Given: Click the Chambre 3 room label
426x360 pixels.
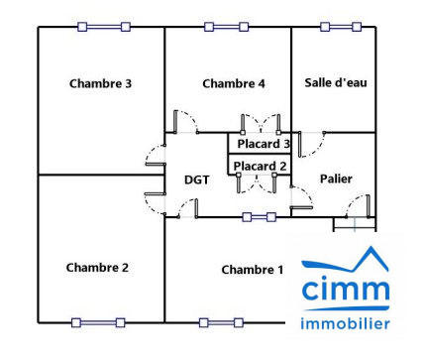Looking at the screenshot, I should pos(100,83).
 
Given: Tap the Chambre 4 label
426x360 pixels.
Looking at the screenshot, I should pos(234,83).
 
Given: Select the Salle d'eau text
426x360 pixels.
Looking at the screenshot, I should pos(336,82).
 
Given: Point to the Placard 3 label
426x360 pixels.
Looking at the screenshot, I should pos(263,144).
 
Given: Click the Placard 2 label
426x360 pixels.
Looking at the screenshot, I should pos(262,166).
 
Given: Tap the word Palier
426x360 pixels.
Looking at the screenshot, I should pos(336,179).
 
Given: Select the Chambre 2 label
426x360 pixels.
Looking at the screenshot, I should pos(97,267).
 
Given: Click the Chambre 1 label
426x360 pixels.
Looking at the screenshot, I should pos(253,270).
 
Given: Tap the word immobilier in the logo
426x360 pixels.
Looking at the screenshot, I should pos(346,323).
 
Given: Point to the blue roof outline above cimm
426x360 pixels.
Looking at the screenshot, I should pos(346,260).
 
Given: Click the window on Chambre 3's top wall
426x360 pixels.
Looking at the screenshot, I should pos(103,27).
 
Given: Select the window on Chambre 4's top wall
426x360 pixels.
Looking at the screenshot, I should pos(229,27).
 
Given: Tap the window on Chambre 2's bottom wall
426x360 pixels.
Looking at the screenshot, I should pos(97,322).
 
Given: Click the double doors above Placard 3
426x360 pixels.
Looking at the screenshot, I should pos(262,124).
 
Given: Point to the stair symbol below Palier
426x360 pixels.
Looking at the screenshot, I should pos(346,224).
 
